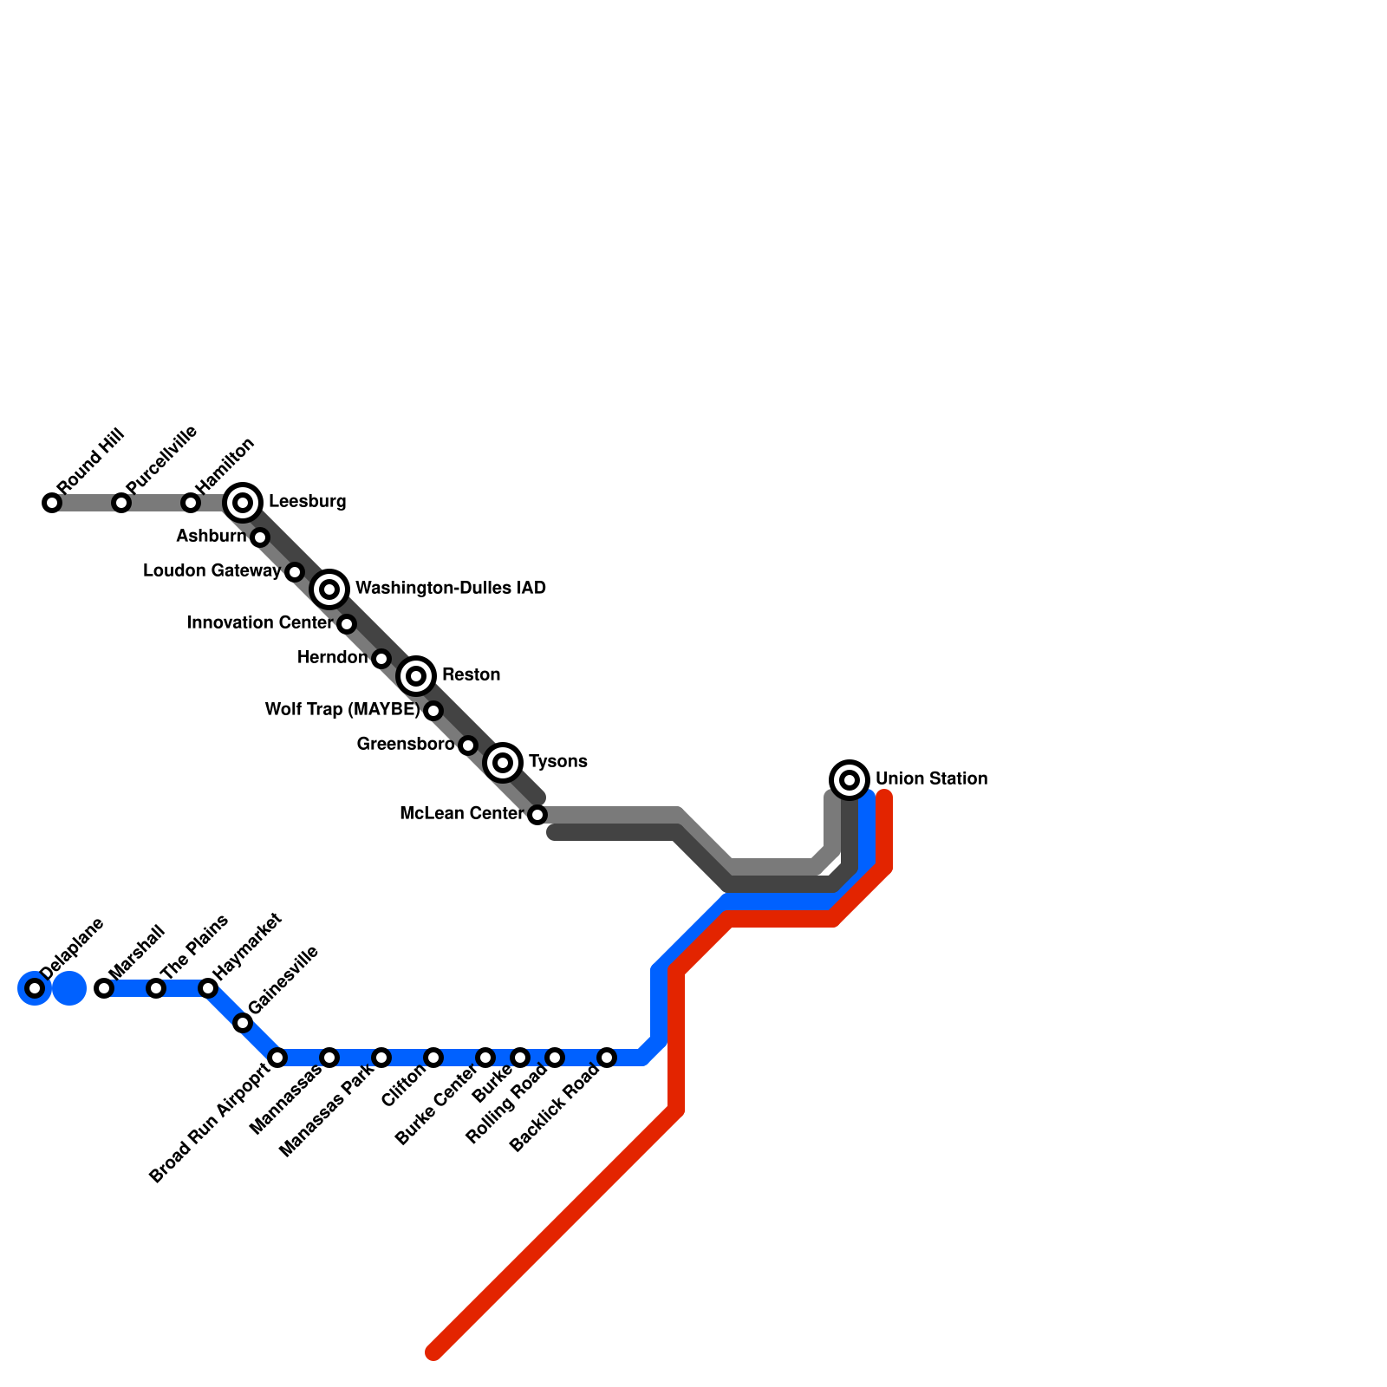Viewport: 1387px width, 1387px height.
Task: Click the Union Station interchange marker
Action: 850,779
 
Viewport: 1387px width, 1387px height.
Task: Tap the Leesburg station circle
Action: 243,502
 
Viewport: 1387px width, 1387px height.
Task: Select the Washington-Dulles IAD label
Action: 450,589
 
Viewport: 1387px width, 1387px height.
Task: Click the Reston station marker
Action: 416,675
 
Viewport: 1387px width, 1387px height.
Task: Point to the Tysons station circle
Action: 503,762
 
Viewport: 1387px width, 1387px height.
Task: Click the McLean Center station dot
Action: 537,814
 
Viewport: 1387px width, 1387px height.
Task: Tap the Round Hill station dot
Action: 52,503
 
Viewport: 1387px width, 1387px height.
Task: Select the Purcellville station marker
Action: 121,503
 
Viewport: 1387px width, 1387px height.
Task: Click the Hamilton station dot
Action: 191,503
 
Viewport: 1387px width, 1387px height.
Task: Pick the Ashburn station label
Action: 211,537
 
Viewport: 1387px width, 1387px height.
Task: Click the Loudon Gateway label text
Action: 212,571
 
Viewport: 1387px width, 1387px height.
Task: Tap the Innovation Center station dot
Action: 347,623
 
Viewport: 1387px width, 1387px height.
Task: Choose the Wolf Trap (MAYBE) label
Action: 342,710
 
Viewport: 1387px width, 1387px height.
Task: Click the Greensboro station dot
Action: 468,745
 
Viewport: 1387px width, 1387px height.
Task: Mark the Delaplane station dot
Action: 35,987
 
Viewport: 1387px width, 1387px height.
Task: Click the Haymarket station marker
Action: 208,987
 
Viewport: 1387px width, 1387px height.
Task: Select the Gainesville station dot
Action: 243,1023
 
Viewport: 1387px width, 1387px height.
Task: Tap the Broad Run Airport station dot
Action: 277,1057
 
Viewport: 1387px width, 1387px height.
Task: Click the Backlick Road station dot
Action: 607,1057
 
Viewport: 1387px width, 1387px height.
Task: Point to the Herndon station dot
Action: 381,659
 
